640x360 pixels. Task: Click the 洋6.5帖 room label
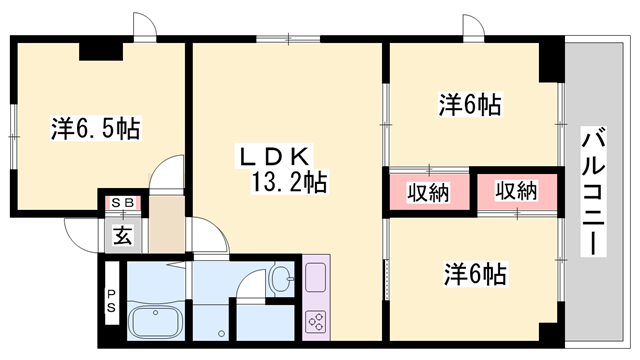click(x=95, y=128)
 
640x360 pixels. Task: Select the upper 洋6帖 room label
click(x=469, y=103)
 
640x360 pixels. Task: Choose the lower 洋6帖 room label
click(x=473, y=273)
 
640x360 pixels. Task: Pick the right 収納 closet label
click(x=515, y=191)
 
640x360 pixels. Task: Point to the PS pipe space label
click(x=111, y=300)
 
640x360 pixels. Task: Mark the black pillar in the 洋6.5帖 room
click(x=101, y=49)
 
